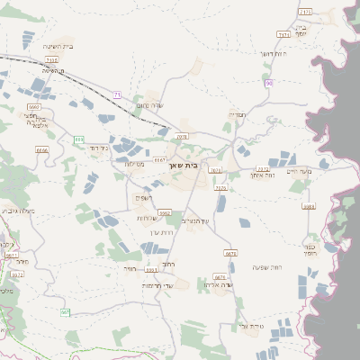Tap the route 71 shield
tap(117, 94)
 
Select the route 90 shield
tap(268, 83)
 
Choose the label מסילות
tap(135, 164)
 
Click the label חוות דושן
tap(272, 54)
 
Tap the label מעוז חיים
tap(297, 171)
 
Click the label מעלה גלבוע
tap(17, 211)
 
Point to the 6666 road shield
tap(42, 150)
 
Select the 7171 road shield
tap(305, 11)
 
